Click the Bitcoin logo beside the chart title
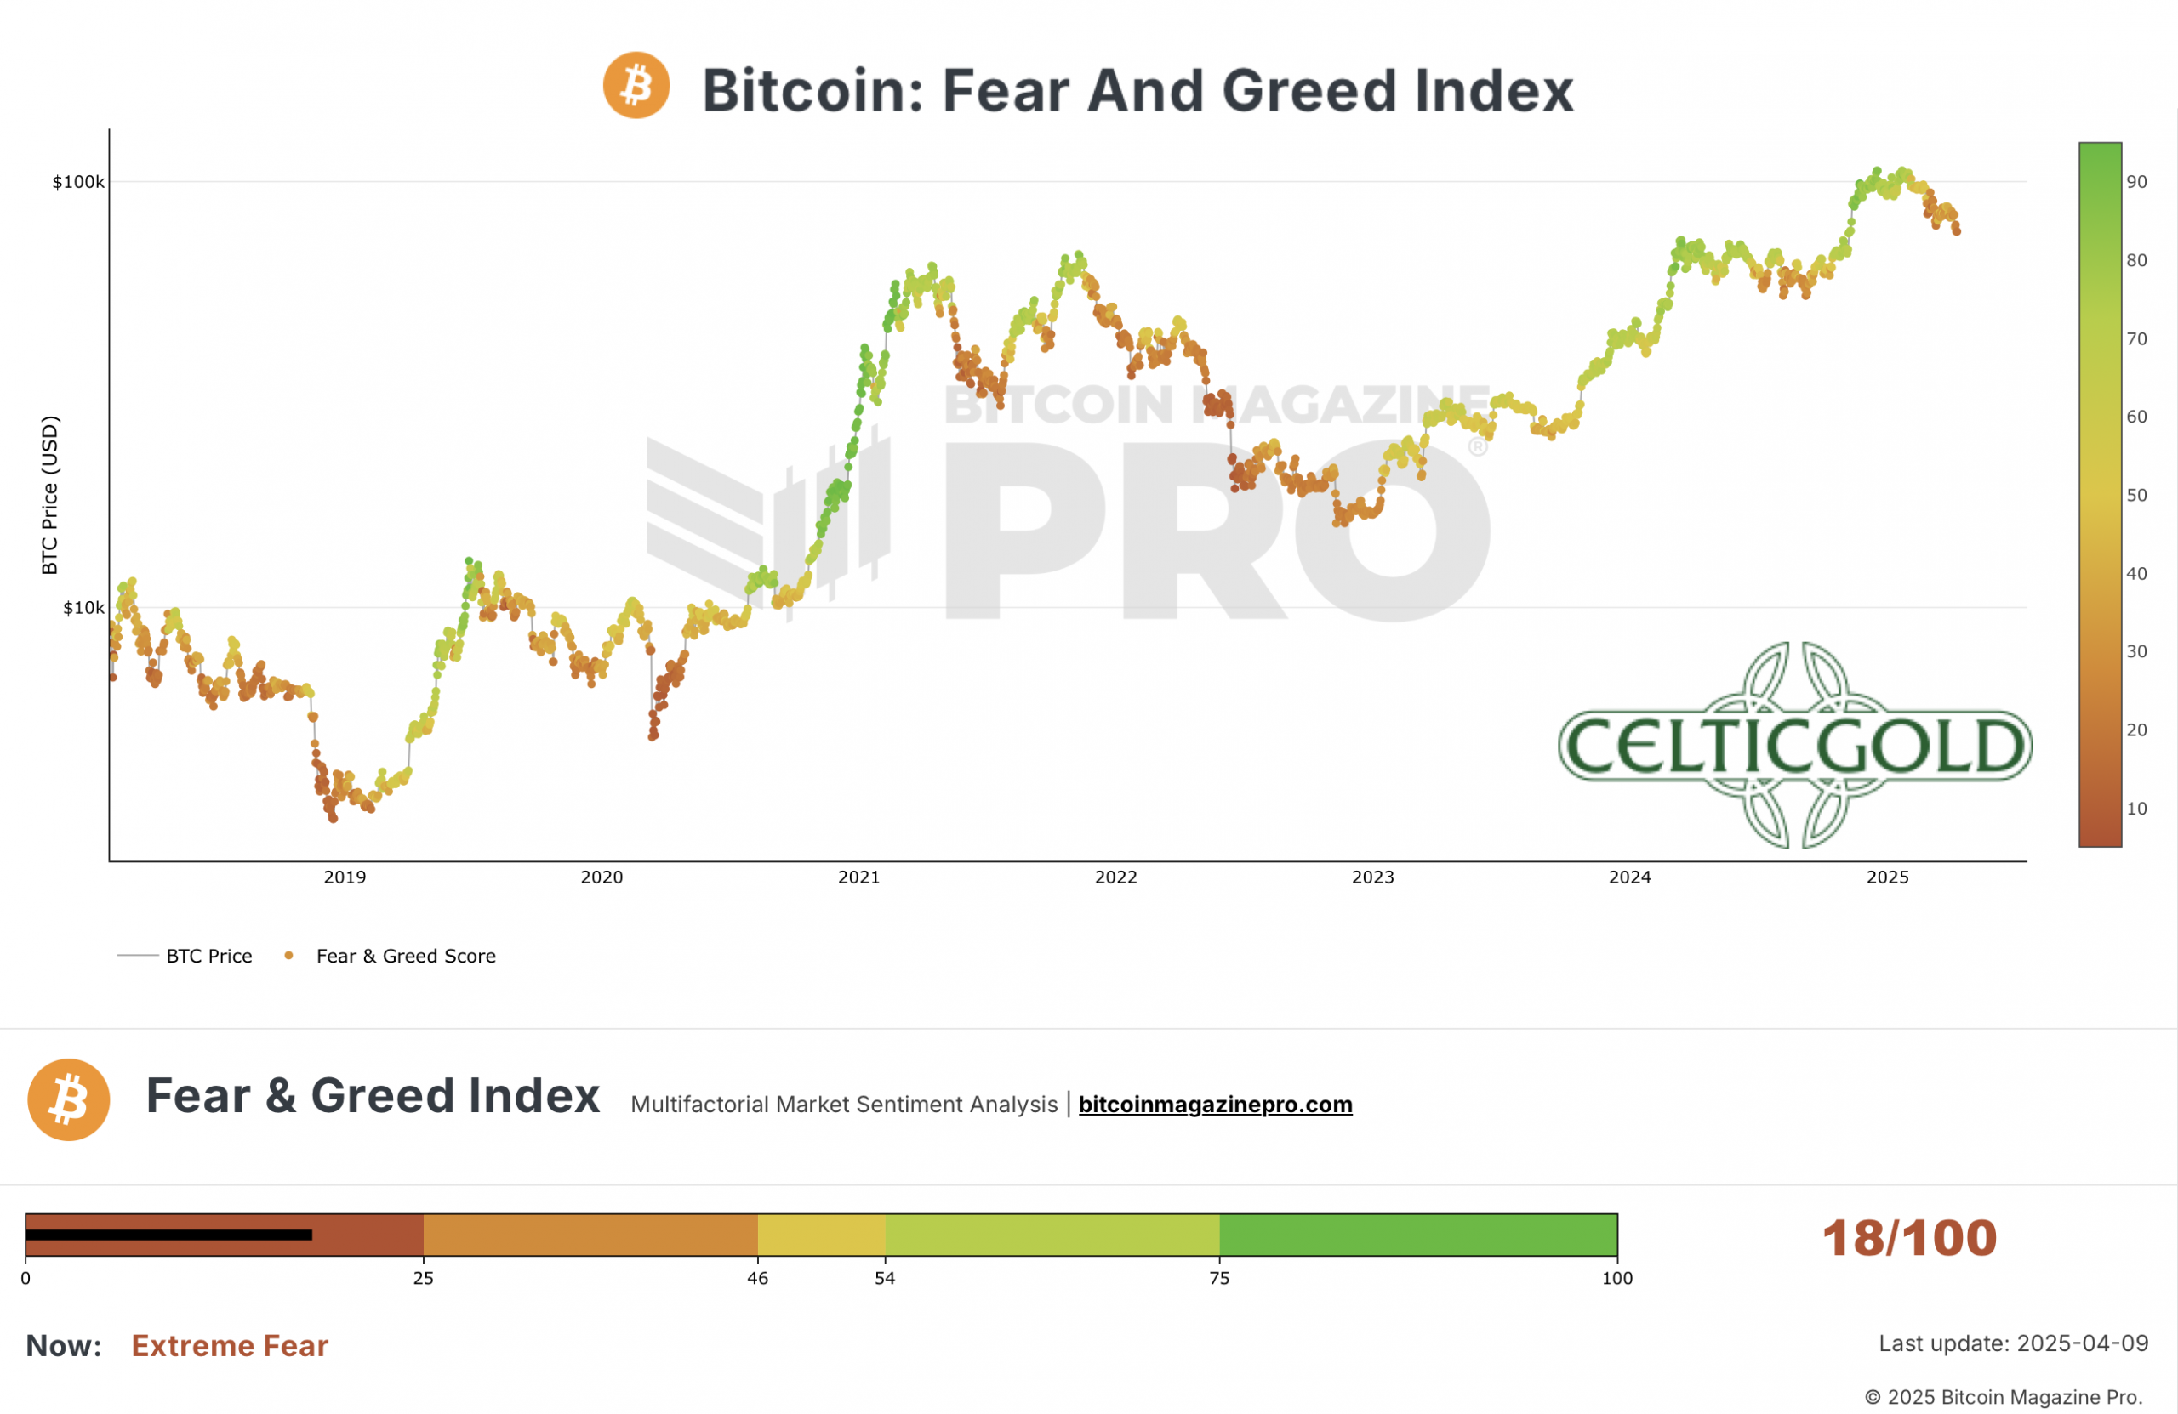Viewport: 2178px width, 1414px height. tap(636, 85)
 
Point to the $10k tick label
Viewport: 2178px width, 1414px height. tap(83, 608)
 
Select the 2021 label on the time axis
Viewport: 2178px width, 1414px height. tap(858, 877)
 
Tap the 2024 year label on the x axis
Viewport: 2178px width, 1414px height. tap(1630, 877)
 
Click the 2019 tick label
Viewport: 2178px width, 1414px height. tap(345, 877)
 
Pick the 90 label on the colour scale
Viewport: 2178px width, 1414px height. tap(2136, 182)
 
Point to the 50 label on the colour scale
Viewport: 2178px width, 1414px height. tap(2136, 495)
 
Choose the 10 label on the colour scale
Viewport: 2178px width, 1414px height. tap(2136, 809)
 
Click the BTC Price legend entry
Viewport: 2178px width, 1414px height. tap(208, 956)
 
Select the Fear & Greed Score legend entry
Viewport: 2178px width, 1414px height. tap(406, 956)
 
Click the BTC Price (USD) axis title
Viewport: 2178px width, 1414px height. tap(50, 495)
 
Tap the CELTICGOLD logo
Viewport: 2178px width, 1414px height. tap(1794, 746)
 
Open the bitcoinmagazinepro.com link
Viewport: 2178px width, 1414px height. tap(1214, 1104)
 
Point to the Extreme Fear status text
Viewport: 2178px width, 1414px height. tap(230, 1345)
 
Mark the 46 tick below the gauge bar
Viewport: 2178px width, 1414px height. tap(758, 1278)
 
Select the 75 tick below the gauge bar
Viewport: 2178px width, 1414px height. tap(1219, 1278)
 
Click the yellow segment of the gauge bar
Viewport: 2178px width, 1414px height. tap(821, 1235)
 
